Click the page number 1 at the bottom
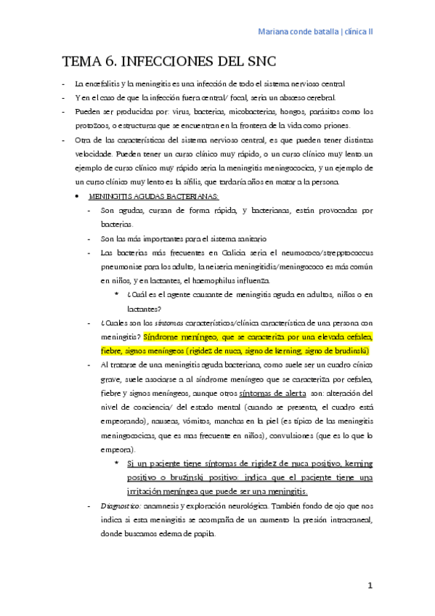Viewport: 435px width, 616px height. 370,585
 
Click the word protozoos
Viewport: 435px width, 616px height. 94,126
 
